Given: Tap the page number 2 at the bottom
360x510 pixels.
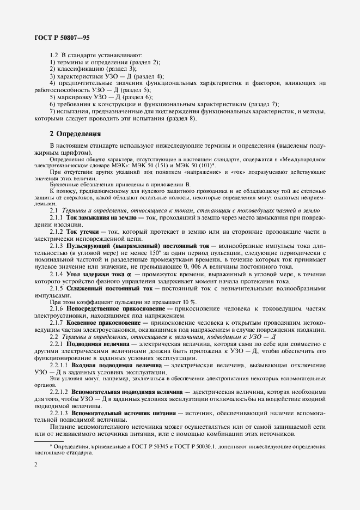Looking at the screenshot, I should pyautogui.click(x=35, y=464).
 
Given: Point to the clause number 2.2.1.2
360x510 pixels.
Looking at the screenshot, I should pyautogui.click(x=60, y=393).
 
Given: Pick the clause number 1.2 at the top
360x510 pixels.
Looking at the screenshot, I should pyautogui.click(x=54, y=55).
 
